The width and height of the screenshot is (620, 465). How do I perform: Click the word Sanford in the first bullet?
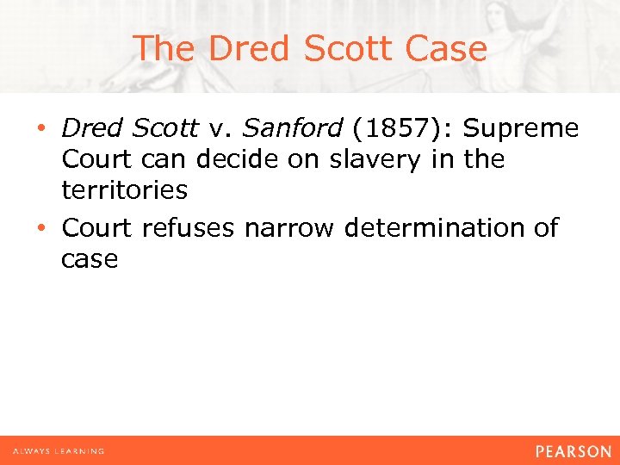[292, 128]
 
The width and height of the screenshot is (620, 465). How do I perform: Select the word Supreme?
[522, 128]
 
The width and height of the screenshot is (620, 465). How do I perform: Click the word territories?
[124, 190]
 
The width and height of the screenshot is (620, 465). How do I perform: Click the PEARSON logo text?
[573, 450]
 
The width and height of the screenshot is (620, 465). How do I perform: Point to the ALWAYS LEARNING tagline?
[59, 450]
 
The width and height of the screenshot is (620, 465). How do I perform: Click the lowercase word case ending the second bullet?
[90, 259]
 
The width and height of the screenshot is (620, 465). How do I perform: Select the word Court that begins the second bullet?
[98, 228]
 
